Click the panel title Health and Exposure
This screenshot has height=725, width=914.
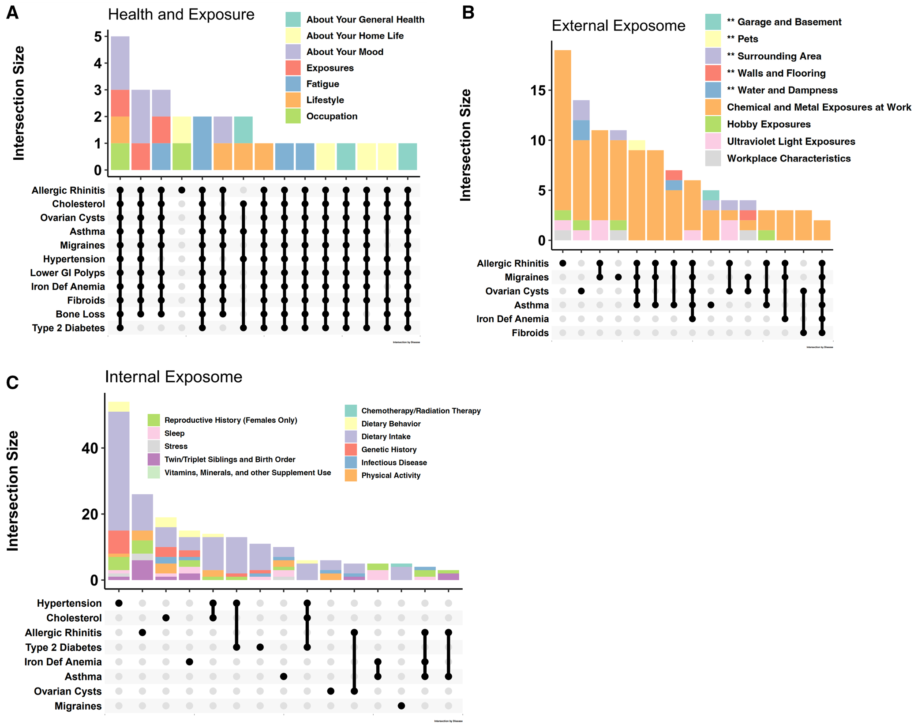pyautogui.click(x=181, y=15)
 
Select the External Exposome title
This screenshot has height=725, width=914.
pyautogui.click(x=618, y=26)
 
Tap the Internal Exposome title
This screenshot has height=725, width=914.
pyautogui.click(x=173, y=377)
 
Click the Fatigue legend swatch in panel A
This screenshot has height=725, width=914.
pyautogui.click(x=293, y=84)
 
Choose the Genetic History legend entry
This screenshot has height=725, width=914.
pyautogui.click(x=389, y=450)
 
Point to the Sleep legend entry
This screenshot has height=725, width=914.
pyautogui.click(x=174, y=433)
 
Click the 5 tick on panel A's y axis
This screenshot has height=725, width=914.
pyautogui.click(x=98, y=37)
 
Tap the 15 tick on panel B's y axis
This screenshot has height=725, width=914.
pyautogui.click(x=538, y=90)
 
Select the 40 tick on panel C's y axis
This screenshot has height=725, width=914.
pyautogui.click(x=90, y=448)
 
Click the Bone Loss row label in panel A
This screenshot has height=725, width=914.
pyautogui.click(x=80, y=314)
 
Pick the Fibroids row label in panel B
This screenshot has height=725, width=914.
pyautogui.click(x=530, y=333)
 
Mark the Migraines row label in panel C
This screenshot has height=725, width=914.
pyautogui.click(x=78, y=706)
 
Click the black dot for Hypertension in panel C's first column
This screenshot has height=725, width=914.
pyautogui.click(x=119, y=603)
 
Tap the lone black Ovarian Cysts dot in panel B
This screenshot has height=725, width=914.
pyautogui.click(x=581, y=291)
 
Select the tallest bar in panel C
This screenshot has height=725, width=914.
pyautogui.click(x=119, y=490)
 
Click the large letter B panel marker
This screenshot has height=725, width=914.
pyautogui.click(x=468, y=13)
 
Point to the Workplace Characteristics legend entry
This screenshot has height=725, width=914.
pyautogui.click(x=788, y=158)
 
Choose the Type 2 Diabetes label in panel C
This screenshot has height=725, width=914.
pyautogui.click(x=63, y=647)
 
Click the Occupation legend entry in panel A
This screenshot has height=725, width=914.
pyautogui.click(x=331, y=116)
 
